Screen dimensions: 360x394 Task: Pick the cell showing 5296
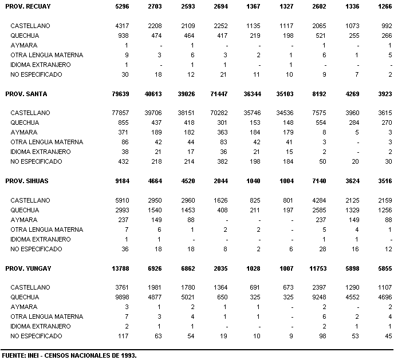click(131, 6)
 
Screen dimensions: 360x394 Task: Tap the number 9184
click(131, 181)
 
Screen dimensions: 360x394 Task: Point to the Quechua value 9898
click(131, 297)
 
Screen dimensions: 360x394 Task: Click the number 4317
click(131, 26)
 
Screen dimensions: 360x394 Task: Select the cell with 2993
click(131, 210)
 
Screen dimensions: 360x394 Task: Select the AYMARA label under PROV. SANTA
click(23, 133)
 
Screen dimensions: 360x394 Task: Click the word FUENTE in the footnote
click(13, 355)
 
